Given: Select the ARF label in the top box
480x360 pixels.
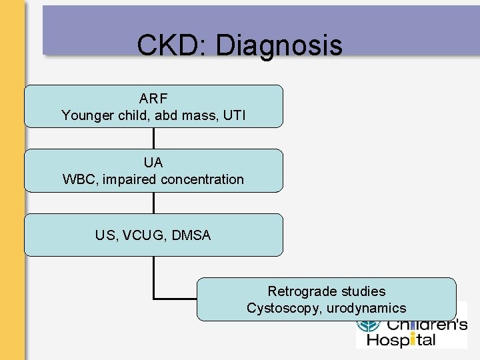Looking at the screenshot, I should coord(153,99).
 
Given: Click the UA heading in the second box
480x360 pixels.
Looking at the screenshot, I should coord(153,163).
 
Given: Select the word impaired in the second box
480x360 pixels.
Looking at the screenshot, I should coord(125,179).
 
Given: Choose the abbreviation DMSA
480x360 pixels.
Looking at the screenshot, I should coord(191,235).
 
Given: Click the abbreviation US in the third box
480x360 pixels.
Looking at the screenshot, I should coord(105,235).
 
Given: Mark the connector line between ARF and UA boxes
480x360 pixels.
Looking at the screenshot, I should coord(154,138).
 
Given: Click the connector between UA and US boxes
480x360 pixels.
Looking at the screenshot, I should coord(154,203).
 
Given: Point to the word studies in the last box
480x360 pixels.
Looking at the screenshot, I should coord(363,291).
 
